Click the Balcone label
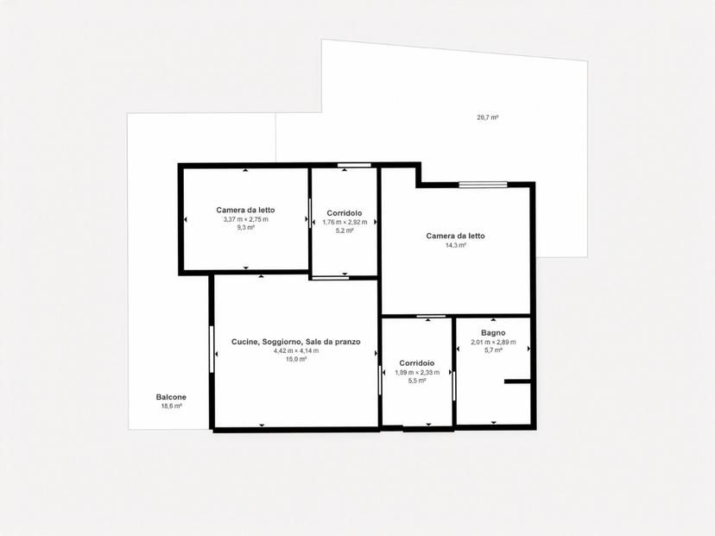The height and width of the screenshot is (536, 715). coord(171,397)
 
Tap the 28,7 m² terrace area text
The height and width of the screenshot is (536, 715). coord(487,117)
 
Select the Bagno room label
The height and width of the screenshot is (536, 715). coord(493,333)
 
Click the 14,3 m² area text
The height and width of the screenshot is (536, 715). coord(455,245)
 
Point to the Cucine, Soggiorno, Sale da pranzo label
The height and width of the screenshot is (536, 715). coord(296,342)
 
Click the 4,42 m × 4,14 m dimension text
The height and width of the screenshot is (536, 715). coord(296,350)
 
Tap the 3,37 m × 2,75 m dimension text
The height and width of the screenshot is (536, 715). coord(245,219)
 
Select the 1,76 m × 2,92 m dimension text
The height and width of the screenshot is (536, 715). coord(345,223)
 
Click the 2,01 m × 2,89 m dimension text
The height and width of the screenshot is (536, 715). coord(493,343)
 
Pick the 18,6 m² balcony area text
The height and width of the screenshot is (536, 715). coord(172,407)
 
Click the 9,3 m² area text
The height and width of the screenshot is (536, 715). coord(245,228)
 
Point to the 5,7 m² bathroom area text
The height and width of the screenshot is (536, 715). coord(493,350)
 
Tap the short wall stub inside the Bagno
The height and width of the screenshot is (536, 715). coord(517,382)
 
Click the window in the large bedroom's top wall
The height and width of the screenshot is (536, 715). coord(483,185)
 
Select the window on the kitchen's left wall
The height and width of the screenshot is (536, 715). coord(212,349)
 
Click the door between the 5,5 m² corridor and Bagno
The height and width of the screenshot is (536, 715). coord(453,385)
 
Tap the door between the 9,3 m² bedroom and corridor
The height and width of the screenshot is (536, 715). coord(310,212)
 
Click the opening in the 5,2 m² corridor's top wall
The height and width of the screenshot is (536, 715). coord(354,165)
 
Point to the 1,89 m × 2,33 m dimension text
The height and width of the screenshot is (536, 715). coord(417,372)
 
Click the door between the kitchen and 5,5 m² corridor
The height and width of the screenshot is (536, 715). coord(379,380)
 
